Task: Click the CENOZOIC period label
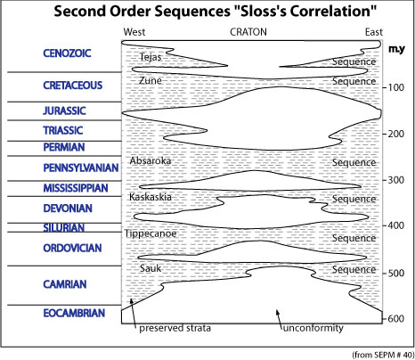tap(67, 53)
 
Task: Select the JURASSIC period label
tap(64, 110)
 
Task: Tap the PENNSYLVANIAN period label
tap(81, 168)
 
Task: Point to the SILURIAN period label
tap(64, 227)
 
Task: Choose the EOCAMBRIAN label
tap(74, 313)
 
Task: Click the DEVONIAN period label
tap(68, 209)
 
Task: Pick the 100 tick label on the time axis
tap(395, 87)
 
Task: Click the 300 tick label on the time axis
tap(395, 180)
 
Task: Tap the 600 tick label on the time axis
tap(395, 319)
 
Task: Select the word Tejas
tap(151, 57)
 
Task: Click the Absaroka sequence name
tap(151, 160)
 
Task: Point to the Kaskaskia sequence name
tap(151, 197)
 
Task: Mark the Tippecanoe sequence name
tap(151, 234)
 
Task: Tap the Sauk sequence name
tap(151, 268)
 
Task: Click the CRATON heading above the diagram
tap(248, 32)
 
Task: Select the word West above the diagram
tap(134, 32)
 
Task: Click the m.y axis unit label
tap(396, 49)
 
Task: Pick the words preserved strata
tap(175, 328)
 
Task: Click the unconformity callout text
tap(313, 328)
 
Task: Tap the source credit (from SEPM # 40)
tap(383, 355)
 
